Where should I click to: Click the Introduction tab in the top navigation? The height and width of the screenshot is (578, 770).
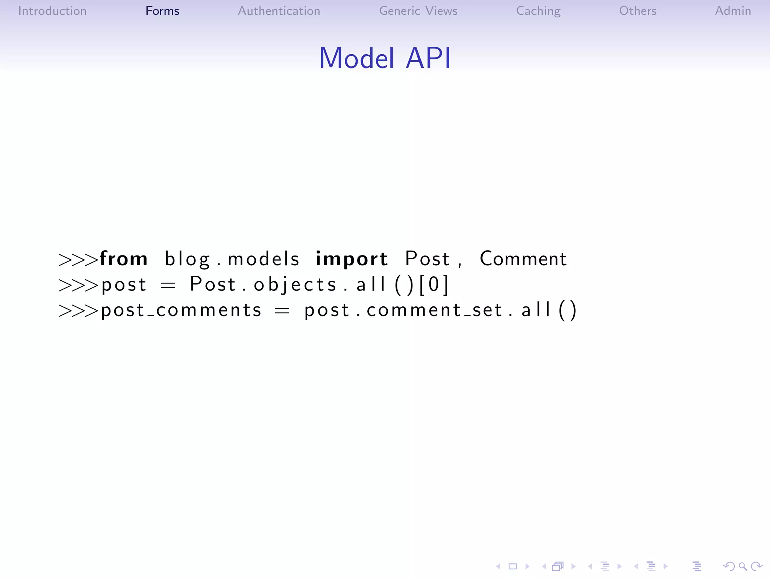[52, 11]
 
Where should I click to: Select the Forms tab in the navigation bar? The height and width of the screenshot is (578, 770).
[162, 11]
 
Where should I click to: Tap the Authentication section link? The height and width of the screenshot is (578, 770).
[279, 11]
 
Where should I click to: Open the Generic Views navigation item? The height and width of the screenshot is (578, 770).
[418, 11]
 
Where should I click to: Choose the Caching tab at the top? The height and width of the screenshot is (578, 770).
[538, 11]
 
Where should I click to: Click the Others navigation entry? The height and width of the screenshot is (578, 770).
[638, 11]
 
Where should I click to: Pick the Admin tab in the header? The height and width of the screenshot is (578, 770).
[733, 11]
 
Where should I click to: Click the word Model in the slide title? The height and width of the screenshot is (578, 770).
[357, 58]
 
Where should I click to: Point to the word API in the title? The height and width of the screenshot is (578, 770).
[428, 58]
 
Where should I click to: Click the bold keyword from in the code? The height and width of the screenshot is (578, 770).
[124, 259]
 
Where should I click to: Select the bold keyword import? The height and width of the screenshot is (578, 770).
[352, 259]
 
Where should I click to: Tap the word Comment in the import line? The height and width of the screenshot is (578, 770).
[523, 259]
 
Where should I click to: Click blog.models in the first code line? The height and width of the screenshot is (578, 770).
[232, 259]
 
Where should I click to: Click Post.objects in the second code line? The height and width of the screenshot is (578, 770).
[263, 284]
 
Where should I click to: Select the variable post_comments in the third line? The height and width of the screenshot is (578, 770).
[181, 310]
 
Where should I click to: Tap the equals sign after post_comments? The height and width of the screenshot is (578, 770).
[282, 311]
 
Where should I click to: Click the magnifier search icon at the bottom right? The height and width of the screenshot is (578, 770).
[743, 566]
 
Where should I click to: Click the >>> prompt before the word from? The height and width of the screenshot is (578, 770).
[78, 260]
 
